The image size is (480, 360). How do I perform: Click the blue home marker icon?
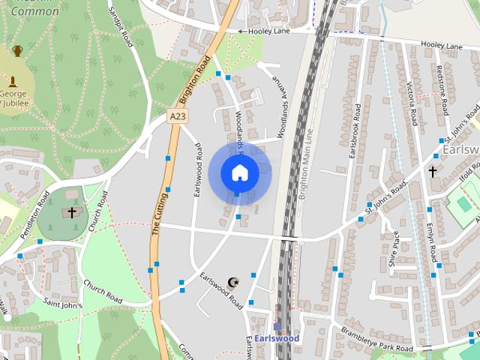(239, 172)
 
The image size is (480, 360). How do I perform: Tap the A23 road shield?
(178, 116)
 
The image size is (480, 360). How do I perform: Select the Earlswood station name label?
(276, 338)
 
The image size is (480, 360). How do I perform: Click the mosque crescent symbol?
(232, 283)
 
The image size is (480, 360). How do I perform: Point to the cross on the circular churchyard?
(72, 213)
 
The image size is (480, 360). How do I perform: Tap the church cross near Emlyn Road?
(432, 172)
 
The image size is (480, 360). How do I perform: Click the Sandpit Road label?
(121, 26)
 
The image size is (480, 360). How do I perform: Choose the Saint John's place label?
(62, 304)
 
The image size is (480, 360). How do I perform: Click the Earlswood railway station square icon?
(277, 327)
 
